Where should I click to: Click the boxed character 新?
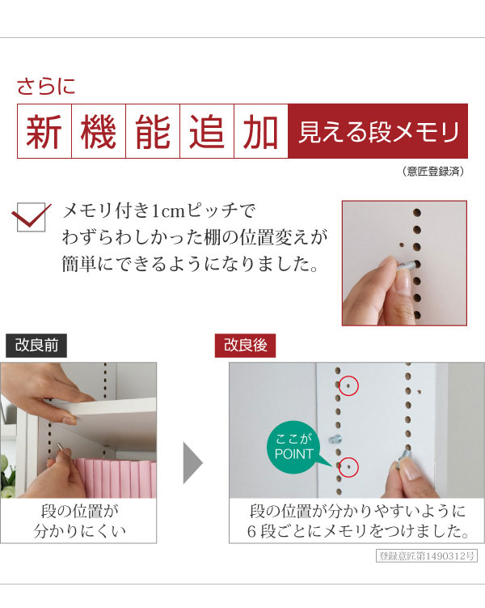pos(45,131)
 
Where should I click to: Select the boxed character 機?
pos(99,131)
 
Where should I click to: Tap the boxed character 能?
pos(154,131)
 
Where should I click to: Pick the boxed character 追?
pos(208,131)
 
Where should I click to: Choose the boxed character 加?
pos(261,131)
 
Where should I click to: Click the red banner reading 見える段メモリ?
pos(377,131)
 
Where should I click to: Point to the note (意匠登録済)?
pos(432,172)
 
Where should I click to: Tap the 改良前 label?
pos(36,346)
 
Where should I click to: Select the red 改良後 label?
pos(245,346)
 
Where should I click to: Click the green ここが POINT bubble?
pos(293,447)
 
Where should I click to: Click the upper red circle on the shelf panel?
pos(348,386)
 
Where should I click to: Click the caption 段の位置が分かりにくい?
pos(78,522)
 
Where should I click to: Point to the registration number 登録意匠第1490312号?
pos(428,556)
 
